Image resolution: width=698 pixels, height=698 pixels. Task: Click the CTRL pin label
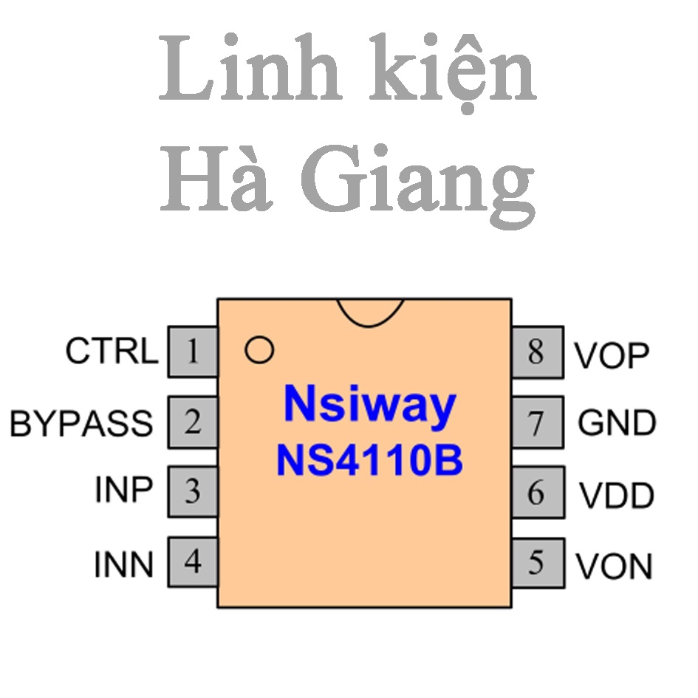(112, 351)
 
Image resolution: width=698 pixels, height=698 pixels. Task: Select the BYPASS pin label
(81, 423)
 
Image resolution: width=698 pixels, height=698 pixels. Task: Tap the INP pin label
(124, 490)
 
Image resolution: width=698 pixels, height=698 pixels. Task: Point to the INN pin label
(123, 564)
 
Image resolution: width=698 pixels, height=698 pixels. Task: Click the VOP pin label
(612, 356)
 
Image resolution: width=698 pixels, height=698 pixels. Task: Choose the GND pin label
(617, 422)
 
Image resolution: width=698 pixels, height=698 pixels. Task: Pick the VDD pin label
(616, 496)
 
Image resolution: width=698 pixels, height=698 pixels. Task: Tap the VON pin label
(614, 567)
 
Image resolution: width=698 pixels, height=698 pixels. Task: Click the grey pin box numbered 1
(193, 352)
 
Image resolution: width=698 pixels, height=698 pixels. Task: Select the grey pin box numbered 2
(193, 422)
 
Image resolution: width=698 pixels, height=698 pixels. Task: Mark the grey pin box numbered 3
(193, 491)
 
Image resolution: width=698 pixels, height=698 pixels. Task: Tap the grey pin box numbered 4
(193, 562)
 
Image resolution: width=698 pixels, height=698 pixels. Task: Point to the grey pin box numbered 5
(538, 563)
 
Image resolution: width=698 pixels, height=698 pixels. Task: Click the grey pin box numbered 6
(538, 493)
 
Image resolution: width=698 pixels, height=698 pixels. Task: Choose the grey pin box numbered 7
(538, 422)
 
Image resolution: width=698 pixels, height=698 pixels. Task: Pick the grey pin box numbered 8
(538, 352)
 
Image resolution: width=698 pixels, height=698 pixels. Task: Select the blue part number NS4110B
(369, 460)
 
